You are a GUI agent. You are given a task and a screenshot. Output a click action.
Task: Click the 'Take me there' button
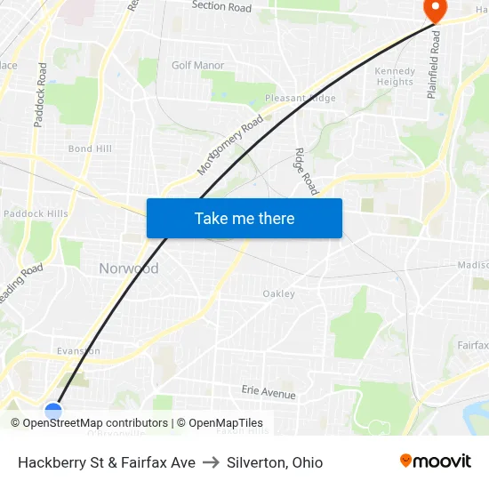(244, 218)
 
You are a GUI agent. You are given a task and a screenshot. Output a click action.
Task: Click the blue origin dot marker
(53, 411)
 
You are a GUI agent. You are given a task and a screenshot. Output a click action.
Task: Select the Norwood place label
(129, 269)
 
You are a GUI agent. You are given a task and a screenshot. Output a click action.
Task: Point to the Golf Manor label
(197, 65)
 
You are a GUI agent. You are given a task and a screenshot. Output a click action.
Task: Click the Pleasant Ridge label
(301, 98)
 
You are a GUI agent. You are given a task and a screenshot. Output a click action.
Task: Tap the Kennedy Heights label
(395, 76)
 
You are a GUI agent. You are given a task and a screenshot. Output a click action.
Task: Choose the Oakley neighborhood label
(278, 293)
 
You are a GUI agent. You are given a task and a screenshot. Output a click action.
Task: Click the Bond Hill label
(90, 148)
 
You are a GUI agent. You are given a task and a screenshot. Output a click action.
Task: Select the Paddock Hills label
(36, 213)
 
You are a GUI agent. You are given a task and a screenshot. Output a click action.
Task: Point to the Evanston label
(78, 351)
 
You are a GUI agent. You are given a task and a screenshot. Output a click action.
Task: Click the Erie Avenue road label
(269, 392)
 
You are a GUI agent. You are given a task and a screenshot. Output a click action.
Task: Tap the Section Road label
(221, 6)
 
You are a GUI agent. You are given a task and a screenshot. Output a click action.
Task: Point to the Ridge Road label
(306, 171)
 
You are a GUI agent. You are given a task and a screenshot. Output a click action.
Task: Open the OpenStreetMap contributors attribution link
(95, 423)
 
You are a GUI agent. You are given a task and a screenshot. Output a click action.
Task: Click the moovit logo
(435, 461)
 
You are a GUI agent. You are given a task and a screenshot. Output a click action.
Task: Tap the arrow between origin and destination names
(211, 462)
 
